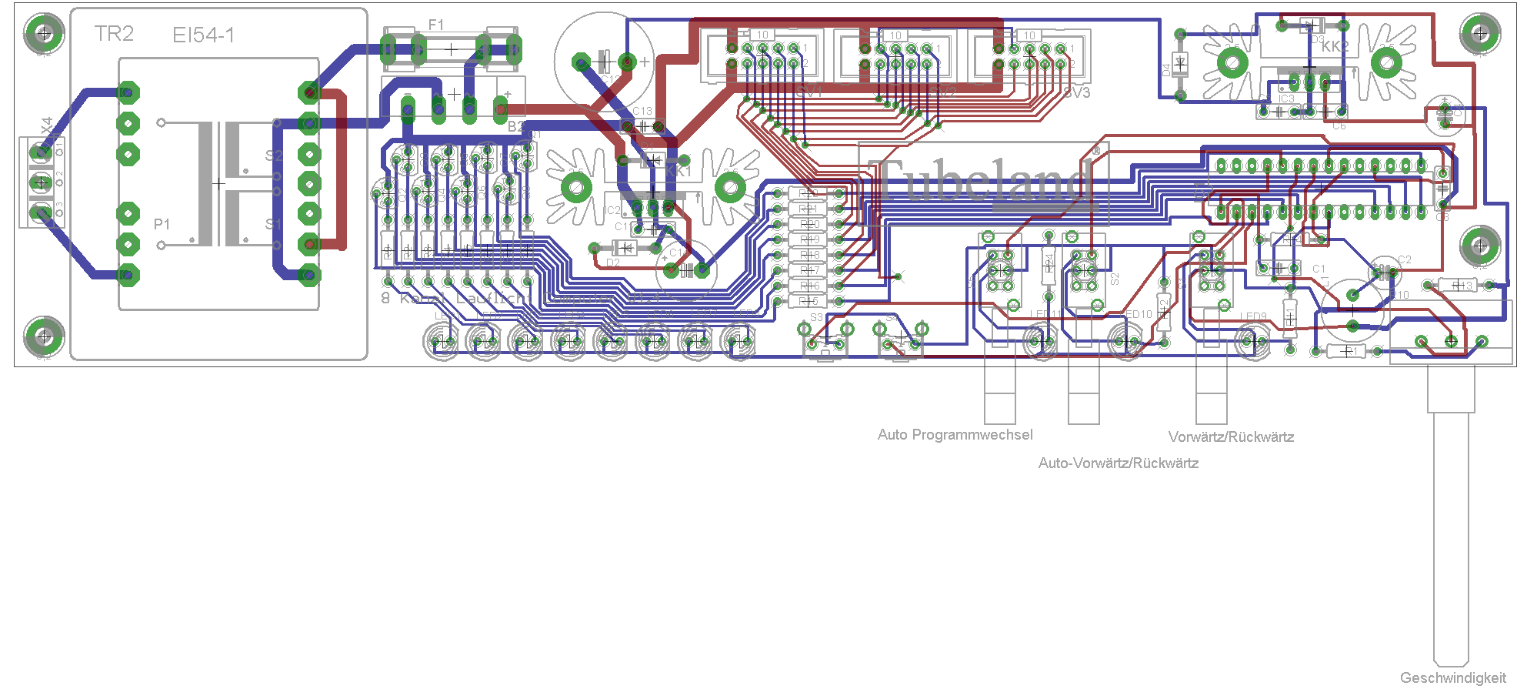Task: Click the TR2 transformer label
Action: click(x=114, y=34)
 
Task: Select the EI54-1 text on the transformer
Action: click(x=203, y=35)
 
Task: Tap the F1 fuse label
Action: click(x=436, y=25)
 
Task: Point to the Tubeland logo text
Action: click(x=985, y=182)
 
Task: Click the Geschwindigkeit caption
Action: click(x=1452, y=678)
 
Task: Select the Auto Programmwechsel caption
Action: click(x=955, y=435)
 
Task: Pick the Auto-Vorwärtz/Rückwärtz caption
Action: click(x=1118, y=463)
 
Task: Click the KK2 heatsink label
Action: click(x=1335, y=47)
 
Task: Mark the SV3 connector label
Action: click(x=1077, y=93)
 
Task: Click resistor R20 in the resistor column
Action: click(x=809, y=224)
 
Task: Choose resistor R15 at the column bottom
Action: click(x=809, y=301)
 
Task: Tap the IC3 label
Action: click(x=1286, y=99)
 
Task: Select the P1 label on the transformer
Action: click(x=162, y=224)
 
